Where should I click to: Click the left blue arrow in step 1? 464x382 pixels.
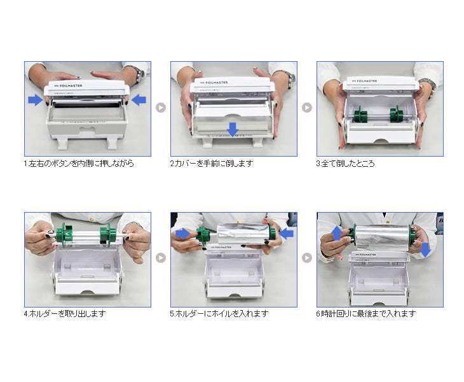tap(36, 100)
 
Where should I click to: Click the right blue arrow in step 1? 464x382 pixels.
tap(139, 100)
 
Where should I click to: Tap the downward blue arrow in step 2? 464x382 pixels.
tap(233, 129)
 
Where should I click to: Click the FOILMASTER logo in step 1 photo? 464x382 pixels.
tap(68, 86)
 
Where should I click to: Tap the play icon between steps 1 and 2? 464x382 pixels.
tap(161, 108)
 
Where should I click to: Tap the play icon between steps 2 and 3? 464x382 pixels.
tap(307, 108)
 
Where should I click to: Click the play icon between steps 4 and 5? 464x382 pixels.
tap(161, 258)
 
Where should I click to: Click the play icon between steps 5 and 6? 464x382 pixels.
tap(307, 258)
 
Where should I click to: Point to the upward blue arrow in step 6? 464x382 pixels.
tap(337, 234)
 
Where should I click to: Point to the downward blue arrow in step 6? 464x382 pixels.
tap(425, 250)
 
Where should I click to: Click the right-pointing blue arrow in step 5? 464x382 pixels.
tap(183, 234)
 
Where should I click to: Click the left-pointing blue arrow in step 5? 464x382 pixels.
tap(286, 234)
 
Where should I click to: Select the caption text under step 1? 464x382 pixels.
tap(79, 163)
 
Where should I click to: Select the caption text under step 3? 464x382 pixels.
tap(345, 163)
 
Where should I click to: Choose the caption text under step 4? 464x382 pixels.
tap(65, 313)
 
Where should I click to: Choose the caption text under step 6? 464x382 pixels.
tap(366, 313)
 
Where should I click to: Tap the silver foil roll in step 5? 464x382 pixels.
tap(243, 234)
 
